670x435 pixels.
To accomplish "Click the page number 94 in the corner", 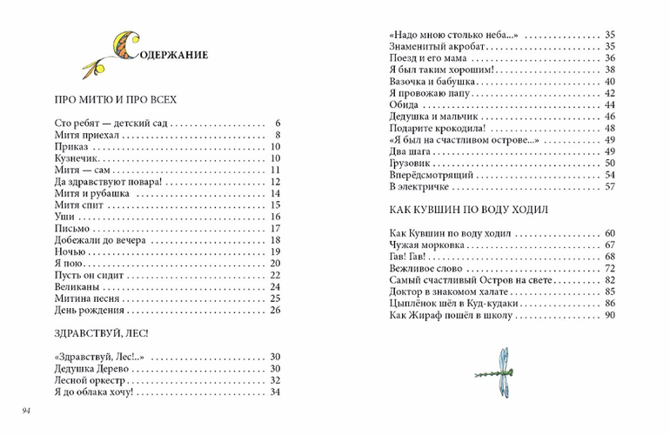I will pyautogui.click(x=29, y=410).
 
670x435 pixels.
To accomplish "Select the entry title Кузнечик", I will pyautogui.click(x=77, y=160).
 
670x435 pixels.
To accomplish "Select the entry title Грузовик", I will pyautogui.click(x=412, y=163).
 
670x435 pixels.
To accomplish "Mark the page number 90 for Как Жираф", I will pyautogui.click(x=609, y=315).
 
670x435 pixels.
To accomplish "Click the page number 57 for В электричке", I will pyautogui.click(x=609, y=186).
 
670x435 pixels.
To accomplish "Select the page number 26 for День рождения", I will pyautogui.click(x=275, y=310).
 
